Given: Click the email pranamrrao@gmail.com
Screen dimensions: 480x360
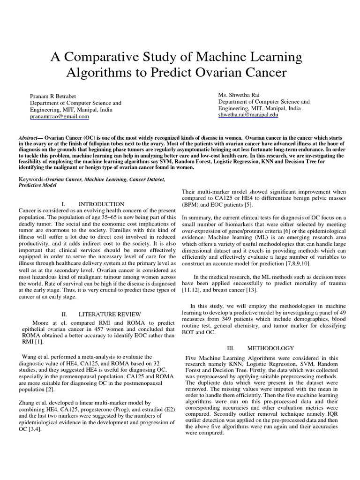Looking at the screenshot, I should (60, 117).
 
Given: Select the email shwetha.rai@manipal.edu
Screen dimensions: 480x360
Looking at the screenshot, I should (248, 114).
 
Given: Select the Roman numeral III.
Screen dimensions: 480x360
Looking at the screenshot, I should (230, 348).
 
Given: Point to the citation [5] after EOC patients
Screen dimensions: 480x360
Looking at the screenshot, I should (249, 204).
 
